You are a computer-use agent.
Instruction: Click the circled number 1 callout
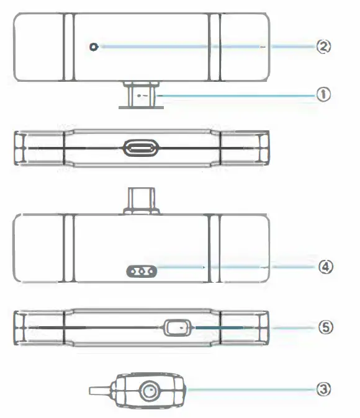323,94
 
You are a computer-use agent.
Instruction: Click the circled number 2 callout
323,46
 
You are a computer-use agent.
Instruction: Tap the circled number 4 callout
323,267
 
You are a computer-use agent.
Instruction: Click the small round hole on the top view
94,47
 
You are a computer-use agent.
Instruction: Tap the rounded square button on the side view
178,326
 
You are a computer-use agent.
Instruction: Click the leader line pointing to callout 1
236,95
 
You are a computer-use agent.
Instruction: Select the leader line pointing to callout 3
248,389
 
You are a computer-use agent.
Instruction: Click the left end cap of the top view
38,47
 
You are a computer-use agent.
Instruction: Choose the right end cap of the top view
245,47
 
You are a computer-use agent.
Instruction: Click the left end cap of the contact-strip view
38,248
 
